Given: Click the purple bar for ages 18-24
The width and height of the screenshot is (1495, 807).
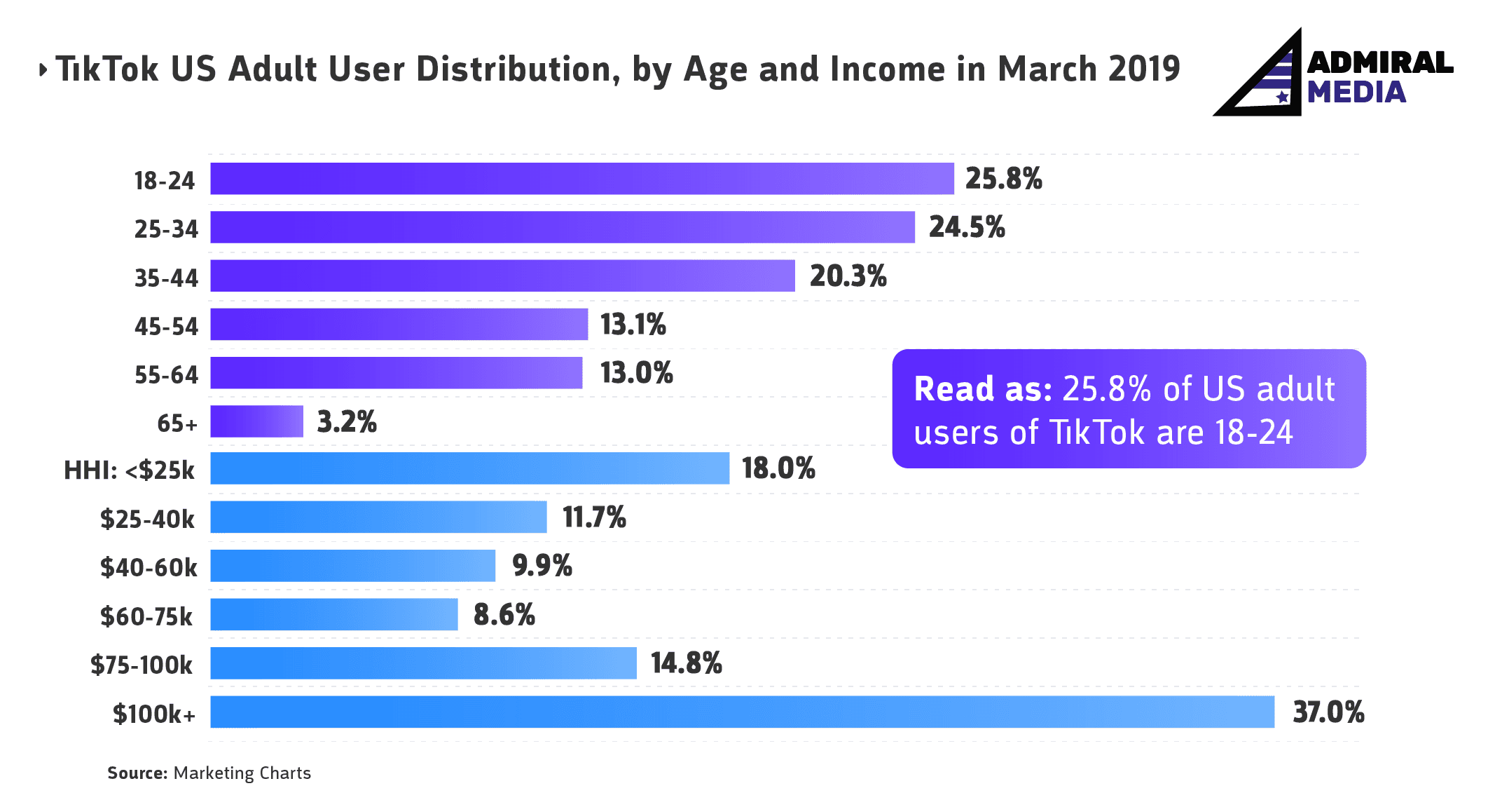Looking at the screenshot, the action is coord(582,179).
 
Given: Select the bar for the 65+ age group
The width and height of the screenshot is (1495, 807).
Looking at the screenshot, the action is coord(257,421).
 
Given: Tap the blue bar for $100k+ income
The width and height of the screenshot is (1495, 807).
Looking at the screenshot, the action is coord(743,712).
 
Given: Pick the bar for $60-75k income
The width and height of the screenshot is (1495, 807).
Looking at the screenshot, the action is coord(334,614).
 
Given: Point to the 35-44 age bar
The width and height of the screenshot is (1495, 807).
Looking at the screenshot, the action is coord(503,276).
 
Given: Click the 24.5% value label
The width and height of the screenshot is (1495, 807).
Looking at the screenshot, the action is coord(967,227).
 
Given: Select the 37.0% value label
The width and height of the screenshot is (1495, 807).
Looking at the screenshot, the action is coord(1328,712).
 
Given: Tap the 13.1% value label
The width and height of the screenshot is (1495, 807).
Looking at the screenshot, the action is coord(633,325).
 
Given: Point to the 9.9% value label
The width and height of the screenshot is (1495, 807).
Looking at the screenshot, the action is coord(542,566).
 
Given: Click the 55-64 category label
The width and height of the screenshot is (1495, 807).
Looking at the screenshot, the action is coord(166,375).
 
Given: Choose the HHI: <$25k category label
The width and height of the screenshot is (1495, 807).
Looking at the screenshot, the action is coord(129,470).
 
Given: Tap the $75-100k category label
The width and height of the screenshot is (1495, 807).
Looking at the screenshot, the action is coord(142,665).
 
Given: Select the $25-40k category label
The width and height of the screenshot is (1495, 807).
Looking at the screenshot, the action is coord(147,520).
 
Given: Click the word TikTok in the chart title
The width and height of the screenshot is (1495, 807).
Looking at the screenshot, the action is coord(107,69).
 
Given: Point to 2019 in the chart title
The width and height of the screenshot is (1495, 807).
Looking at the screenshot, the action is coord(1145,69).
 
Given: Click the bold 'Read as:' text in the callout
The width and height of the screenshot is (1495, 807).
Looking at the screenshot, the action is coord(983,389).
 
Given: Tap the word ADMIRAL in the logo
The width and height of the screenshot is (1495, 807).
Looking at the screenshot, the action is coord(1380,63).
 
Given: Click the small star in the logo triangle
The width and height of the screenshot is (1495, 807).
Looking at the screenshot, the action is coord(1282,97).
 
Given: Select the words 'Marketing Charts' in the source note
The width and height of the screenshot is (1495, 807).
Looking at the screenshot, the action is coord(242,773).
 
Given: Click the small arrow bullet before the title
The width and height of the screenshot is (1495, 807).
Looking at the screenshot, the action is coord(43,69).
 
